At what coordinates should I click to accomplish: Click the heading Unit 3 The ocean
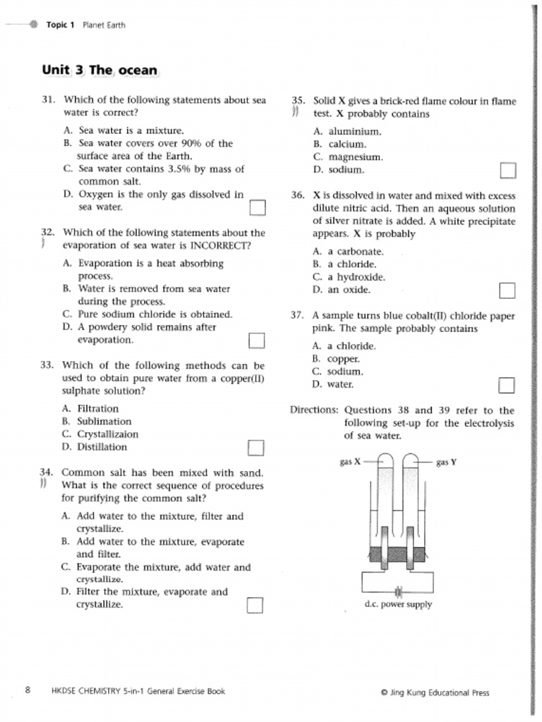coord(100,71)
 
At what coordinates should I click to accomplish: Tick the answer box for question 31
coord(258,207)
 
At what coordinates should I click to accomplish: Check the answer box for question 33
coord(255,448)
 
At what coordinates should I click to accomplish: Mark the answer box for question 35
coord(507,171)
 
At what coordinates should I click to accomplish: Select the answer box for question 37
coord(506,385)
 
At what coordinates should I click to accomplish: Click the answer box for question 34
coord(255,605)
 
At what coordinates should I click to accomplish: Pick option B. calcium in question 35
coord(339,145)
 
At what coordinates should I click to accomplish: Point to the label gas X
coord(350,463)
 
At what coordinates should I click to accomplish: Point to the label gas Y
coord(446,463)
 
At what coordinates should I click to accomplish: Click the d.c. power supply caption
coord(398,604)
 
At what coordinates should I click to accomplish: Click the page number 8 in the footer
coord(28,691)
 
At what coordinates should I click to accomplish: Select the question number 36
coord(297,196)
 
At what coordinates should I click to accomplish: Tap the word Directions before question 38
coord(314,410)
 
